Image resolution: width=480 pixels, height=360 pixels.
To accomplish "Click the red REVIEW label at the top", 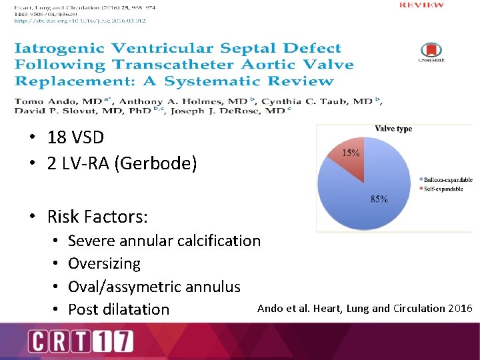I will pos(421,5).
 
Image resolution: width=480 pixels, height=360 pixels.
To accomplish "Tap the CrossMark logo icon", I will pos(432,51).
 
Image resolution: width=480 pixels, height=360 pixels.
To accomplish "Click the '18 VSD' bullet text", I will pos(75,137).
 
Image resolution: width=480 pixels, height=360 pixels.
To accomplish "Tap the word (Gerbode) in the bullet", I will pos(157,163).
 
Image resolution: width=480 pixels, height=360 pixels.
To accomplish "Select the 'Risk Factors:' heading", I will pos(97,217).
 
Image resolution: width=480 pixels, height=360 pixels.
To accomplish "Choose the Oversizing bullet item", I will pos(104,263).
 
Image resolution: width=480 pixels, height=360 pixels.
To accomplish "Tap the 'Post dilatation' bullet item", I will pos(119,309).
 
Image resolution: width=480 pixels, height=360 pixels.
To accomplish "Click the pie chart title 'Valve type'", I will pos(393,129).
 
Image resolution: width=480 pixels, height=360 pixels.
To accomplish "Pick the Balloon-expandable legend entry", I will pos(447,180).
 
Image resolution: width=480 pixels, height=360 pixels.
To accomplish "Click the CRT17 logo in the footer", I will pos(80,342).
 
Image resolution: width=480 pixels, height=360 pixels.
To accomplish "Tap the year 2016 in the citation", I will pos(460,309).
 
